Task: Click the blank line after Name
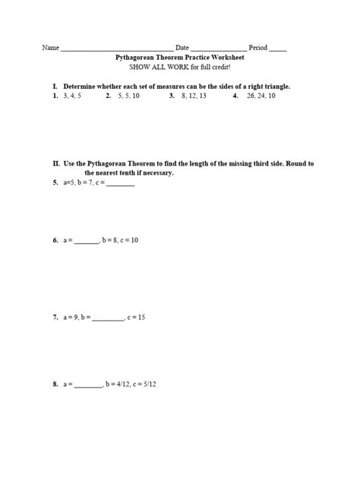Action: (x=117, y=49)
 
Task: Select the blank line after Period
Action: (x=278, y=49)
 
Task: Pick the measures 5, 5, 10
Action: (x=129, y=96)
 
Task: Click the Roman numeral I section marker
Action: (x=55, y=87)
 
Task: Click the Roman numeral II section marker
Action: (x=56, y=163)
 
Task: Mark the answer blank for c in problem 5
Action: (x=120, y=184)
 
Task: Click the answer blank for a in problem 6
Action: (x=87, y=241)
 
